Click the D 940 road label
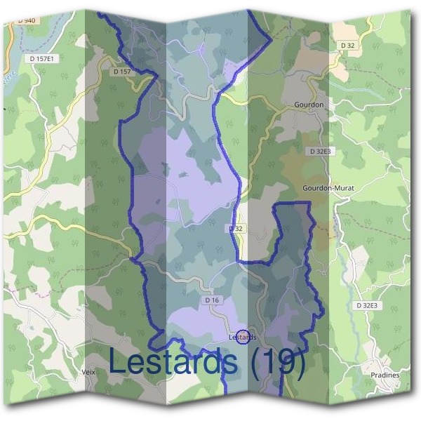coord(26,20)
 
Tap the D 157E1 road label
coord(43,59)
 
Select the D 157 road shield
coord(121,72)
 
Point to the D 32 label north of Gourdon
coord(347,46)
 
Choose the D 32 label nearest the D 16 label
coord(236,229)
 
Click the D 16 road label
coord(213,300)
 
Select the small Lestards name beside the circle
coord(243,338)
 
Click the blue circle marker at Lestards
coord(243,338)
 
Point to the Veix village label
coord(88,372)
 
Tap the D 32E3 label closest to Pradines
coord(366,305)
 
